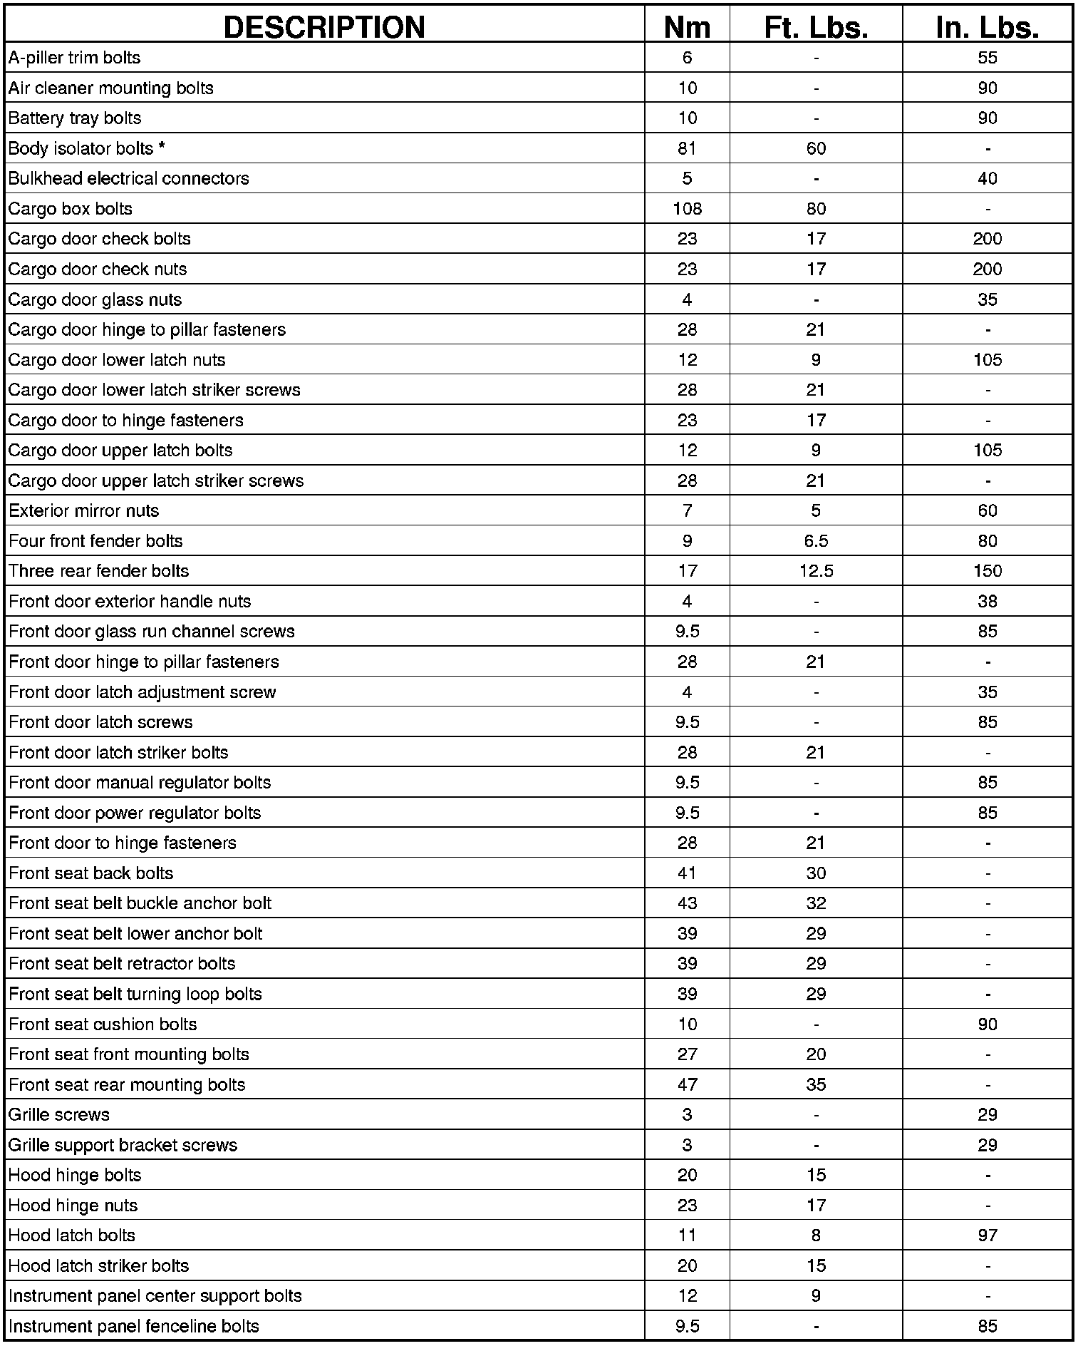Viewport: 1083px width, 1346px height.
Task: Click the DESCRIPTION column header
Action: pyautogui.click(x=324, y=27)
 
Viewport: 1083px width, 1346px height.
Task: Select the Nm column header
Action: pyautogui.click(x=687, y=27)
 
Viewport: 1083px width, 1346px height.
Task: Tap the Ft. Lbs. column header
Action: pyautogui.click(x=816, y=27)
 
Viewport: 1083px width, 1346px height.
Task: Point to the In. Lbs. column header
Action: pyautogui.click(x=987, y=27)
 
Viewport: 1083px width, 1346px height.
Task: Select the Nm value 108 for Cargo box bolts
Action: pyautogui.click(x=687, y=209)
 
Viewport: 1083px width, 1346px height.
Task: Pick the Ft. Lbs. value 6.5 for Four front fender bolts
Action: pyautogui.click(x=816, y=541)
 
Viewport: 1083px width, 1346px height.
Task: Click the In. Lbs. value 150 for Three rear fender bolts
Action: pyautogui.click(x=987, y=571)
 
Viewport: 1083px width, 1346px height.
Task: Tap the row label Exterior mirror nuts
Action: pyautogui.click(x=84, y=510)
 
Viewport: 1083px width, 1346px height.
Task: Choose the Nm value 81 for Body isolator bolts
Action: pyautogui.click(x=687, y=148)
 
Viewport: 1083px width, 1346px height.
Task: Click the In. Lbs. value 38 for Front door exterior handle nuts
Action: pyautogui.click(x=987, y=601)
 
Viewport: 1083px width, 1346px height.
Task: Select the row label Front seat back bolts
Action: pyautogui.click(x=91, y=873)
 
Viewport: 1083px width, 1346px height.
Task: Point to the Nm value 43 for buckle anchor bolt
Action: pyautogui.click(x=687, y=903)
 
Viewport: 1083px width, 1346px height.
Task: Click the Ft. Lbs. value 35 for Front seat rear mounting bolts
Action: pyautogui.click(x=816, y=1084)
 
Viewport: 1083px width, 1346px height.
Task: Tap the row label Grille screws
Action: pyautogui.click(x=59, y=1114)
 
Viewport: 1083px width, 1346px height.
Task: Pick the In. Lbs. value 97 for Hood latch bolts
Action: pyautogui.click(x=987, y=1235)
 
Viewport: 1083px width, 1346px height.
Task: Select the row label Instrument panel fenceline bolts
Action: pyautogui.click(x=134, y=1326)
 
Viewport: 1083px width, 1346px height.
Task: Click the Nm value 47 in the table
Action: pyautogui.click(x=687, y=1084)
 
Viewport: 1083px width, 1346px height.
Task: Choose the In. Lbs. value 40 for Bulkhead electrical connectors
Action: pyautogui.click(x=987, y=178)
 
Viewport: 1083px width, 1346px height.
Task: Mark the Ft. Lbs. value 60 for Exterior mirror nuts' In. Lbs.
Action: pyautogui.click(x=987, y=510)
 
